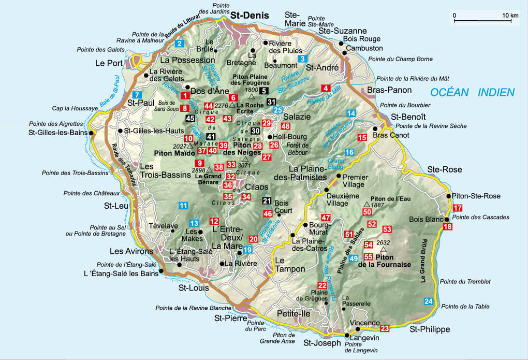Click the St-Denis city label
250,15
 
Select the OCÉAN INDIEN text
473,93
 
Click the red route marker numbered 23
385,328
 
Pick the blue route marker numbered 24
428,301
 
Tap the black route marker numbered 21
267,201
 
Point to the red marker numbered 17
457,208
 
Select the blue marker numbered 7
137,94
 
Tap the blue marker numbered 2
179,44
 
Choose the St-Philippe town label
430,329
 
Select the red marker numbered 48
285,126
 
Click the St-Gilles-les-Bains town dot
92,133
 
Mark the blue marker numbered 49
354,258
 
